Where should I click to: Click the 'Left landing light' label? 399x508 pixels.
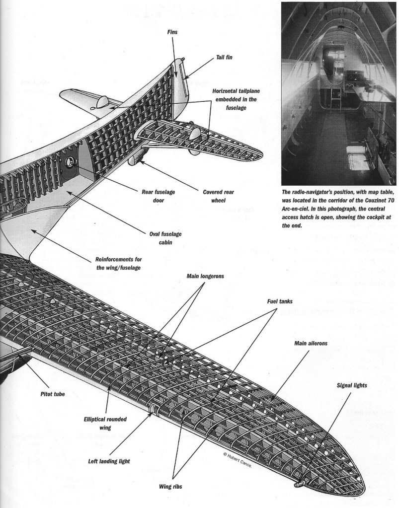tap(105, 461)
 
